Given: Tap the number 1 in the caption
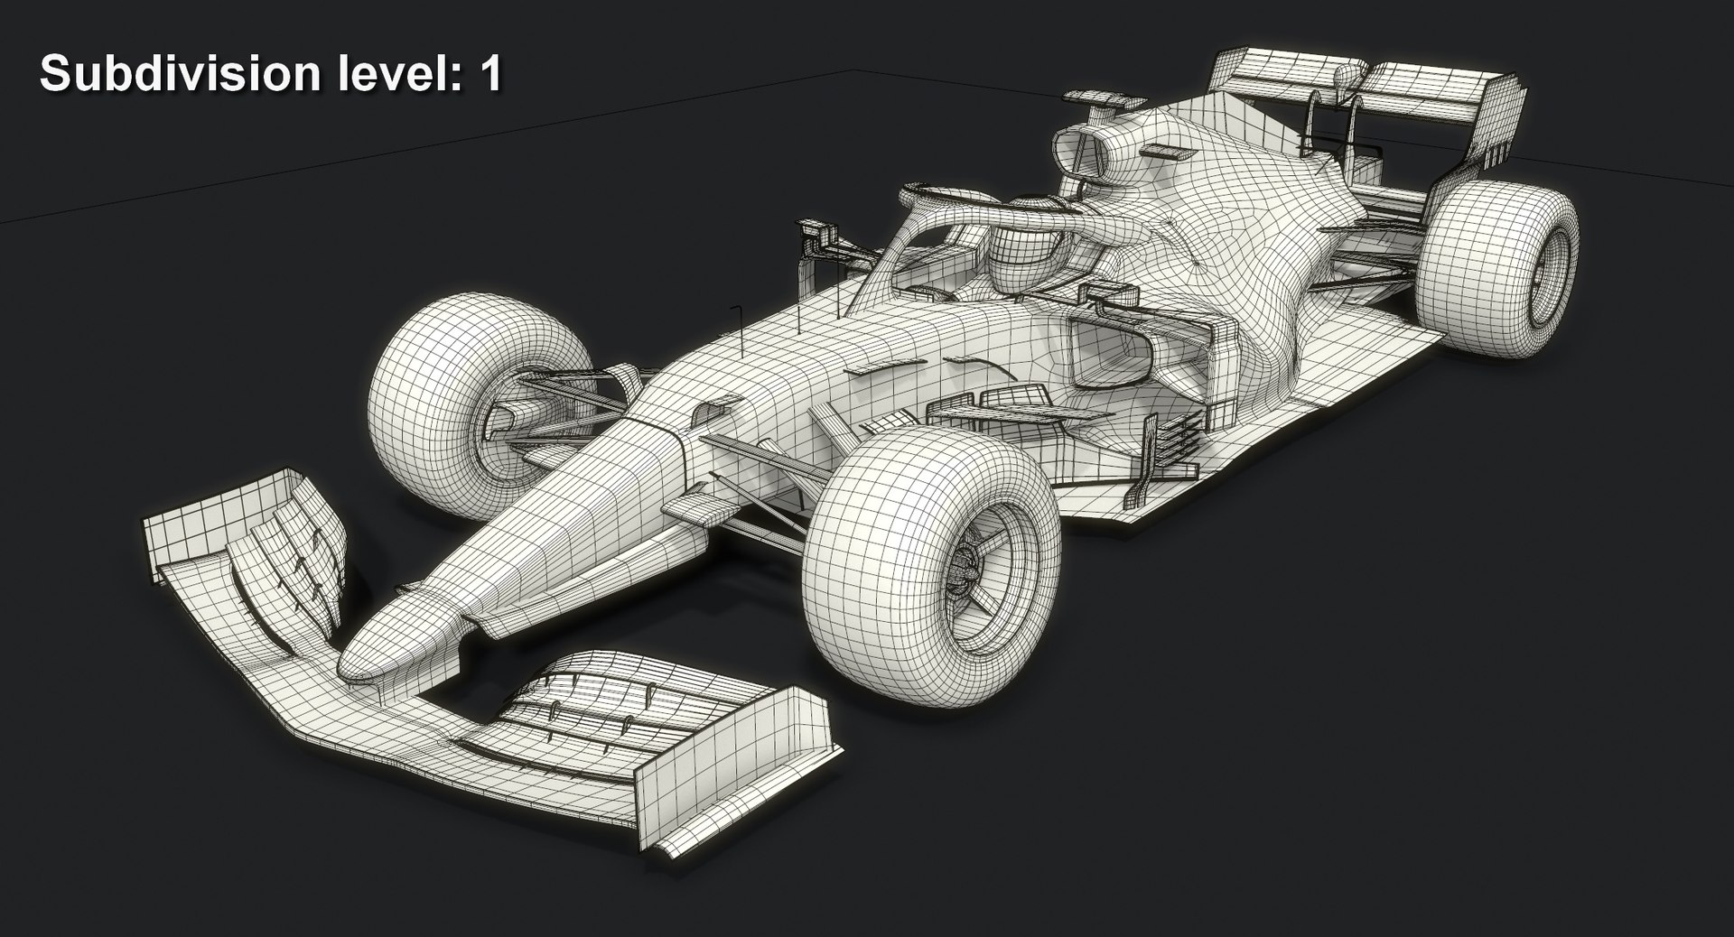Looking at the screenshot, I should click(x=490, y=74).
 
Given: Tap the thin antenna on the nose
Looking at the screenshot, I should click(x=738, y=329).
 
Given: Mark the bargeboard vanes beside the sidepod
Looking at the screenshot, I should click(x=1170, y=442).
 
